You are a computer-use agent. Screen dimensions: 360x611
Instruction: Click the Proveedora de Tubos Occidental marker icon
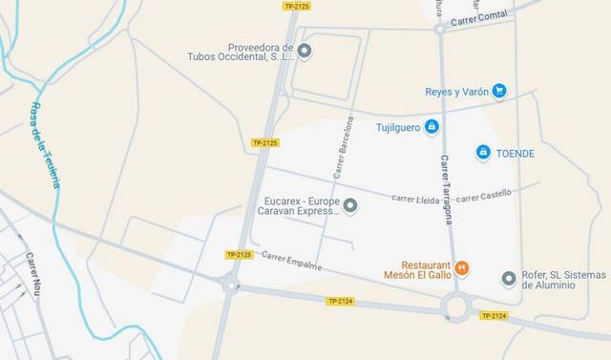pyautogui.click(x=305, y=51)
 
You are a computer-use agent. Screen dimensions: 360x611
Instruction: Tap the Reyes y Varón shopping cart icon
pyautogui.click(x=498, y=92)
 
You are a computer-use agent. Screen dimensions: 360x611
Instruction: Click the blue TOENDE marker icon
pyautogui.click(x=483, y=153)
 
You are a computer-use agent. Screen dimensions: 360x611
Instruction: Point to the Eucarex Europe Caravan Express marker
pyautogui.click(x=350, y=205)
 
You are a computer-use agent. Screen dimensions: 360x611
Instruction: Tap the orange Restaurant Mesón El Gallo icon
pyautogui.click(x=462, y=267)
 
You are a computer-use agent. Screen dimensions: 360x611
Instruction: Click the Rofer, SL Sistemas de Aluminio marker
pyautogui.click(x=509, y=279)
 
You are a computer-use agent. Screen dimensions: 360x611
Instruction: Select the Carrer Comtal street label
pyautogui.click(x=479, y=18)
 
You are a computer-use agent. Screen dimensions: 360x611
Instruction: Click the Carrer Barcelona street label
pyautogui.click(x=344, y=148)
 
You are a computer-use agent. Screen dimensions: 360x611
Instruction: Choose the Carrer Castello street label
pyautogui.click(x=483, y=196)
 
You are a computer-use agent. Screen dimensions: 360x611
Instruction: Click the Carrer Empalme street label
pyautogui.click(x=291, y=259)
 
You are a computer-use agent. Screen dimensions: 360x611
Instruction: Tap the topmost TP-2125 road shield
pyautogui.click(x=297, y=7)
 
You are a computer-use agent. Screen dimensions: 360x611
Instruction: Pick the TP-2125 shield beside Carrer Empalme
pyautogui.click(x=239, y=255)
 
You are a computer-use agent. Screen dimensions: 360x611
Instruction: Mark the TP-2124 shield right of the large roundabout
pyautogui.click(x=493, y=315)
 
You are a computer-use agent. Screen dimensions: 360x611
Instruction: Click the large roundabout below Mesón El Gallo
pyautogui.click(x=455, y=307)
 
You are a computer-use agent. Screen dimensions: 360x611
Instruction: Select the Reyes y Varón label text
pyautogui.click(x=456, y=92)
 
